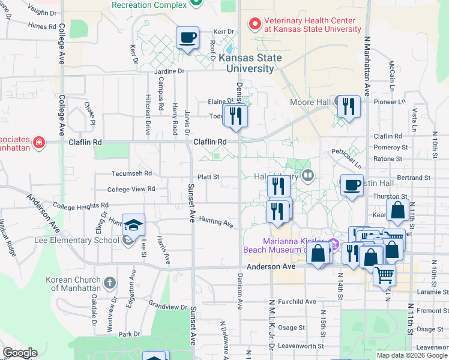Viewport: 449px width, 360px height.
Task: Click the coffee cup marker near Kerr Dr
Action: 187,38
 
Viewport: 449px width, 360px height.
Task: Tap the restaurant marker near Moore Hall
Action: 348,107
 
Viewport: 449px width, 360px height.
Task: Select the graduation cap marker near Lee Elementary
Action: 133,225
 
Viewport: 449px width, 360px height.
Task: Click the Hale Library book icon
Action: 308,176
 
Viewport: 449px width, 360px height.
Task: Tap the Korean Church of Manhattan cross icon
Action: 109,282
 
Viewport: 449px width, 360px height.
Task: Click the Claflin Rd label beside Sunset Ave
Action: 210,142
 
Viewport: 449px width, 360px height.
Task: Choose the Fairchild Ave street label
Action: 293,301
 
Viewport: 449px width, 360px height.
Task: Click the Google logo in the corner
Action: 20,353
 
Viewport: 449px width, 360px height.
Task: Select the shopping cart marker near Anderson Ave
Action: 384,275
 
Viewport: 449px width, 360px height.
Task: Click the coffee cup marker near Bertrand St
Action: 352,184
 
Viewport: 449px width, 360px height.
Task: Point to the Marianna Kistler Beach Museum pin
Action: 334,245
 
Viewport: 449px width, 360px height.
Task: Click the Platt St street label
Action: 209,177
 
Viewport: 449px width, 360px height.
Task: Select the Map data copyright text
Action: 412,355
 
